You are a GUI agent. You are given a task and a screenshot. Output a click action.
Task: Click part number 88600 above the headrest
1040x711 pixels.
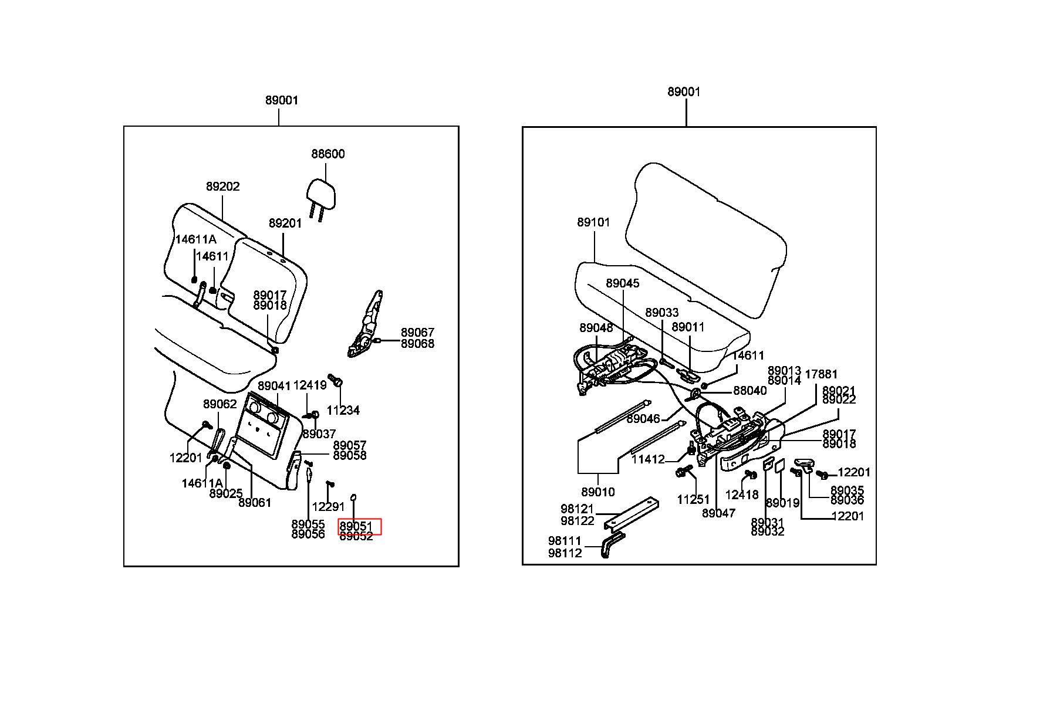pyautogui.click(x=327, y=154)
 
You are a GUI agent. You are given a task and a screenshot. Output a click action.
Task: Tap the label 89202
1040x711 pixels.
pyautogui.click(x=222, y=187)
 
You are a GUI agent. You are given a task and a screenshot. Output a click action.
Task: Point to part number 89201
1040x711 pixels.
pyautogui.click(x=285, y=224)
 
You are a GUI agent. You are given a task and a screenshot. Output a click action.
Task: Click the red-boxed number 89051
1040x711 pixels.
pyautogui.click(x=356, y=526)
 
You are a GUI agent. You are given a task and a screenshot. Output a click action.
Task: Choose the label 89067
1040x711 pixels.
pyautogui.click(x=417, y=333)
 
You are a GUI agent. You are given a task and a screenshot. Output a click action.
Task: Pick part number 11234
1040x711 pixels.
pyautogui.click(x=343, y=411)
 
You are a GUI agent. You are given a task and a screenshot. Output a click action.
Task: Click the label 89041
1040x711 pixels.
pyautogui.click(x=274, y=386)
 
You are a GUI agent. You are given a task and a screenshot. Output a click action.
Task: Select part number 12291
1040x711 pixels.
pyautogui.click(x=328, y=507)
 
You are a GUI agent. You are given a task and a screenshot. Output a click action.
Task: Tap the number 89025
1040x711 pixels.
pyautogui.click(x=226, y=494)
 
